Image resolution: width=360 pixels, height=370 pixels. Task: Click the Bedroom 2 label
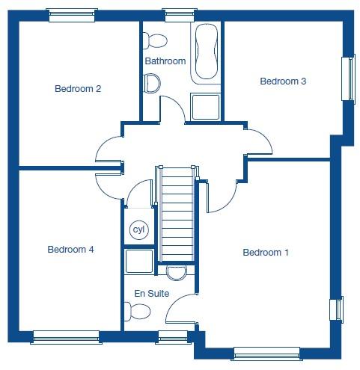(x=78, y=89)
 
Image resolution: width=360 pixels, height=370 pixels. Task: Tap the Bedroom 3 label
(x=283, y=81)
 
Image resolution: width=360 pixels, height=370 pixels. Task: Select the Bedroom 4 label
(x=70, y=250)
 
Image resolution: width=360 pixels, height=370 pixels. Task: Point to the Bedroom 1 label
(x=266, y=253)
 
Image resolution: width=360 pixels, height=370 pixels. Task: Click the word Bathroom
(x=165, y=61)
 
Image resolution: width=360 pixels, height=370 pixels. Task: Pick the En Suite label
(x=152, y=295)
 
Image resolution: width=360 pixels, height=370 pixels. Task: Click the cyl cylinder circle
(x=138, y=229)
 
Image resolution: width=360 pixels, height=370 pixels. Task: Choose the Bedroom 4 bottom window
(x=67, y=336)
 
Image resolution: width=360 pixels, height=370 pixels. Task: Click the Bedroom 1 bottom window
(x=266, y=353)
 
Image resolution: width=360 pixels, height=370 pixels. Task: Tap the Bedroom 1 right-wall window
(x=336, y=309)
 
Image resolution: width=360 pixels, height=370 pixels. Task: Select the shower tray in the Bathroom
(x=204, y=106)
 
